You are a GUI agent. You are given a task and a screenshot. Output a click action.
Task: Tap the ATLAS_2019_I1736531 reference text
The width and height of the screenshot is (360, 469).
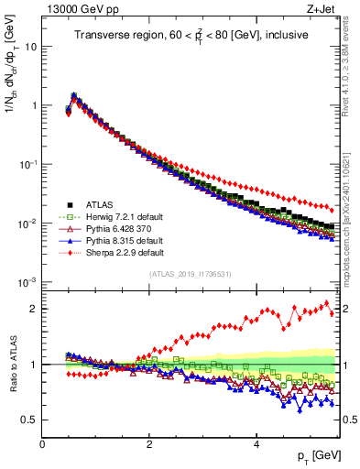pyautogui.click(x=190, y=274)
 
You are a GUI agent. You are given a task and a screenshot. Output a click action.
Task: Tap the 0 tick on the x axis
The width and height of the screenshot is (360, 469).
pyautogui.click(x=43, y=443)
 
